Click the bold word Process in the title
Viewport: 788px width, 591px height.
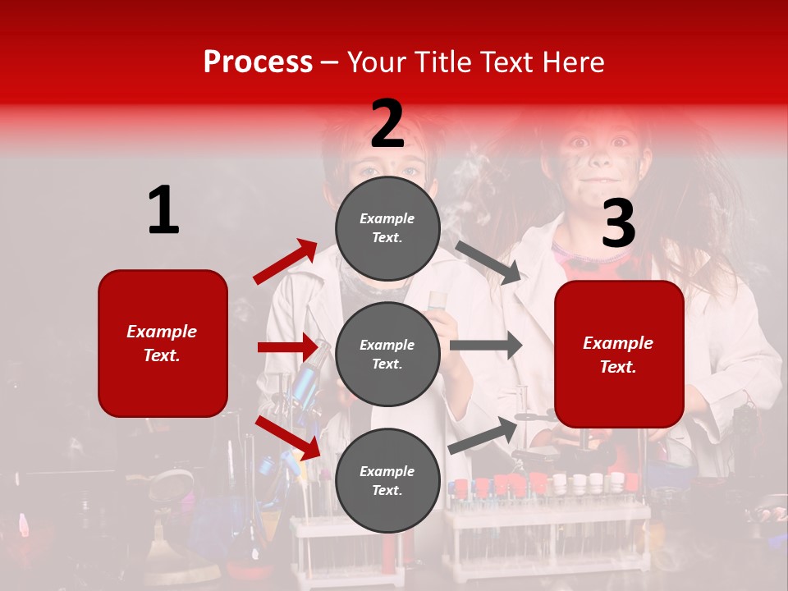coord(258,62)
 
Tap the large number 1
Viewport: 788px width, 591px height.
coord(163,211)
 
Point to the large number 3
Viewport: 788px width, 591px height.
coord(618,224)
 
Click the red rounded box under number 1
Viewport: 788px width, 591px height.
coord(163,343)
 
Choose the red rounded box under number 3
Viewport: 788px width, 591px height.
coord(619,355)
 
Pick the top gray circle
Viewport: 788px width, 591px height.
coord(387,228)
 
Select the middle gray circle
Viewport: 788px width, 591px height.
coord(387,355)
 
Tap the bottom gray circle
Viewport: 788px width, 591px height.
coord(387,481)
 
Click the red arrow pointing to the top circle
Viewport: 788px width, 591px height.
coord(286,262)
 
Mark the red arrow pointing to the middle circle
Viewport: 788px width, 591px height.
coord(287,347)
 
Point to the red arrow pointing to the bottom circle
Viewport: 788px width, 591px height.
coord(287,438)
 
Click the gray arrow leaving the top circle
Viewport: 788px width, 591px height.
coord(488,263)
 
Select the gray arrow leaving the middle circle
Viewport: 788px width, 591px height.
coord(485,346)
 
